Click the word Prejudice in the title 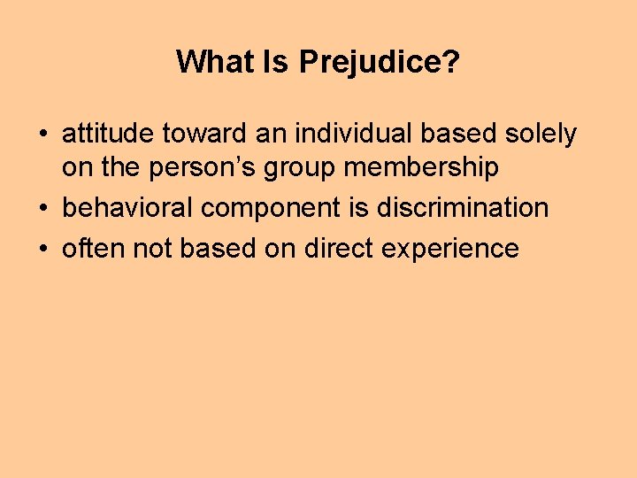[x=380, y=62]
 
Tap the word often [x=94, y=249]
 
